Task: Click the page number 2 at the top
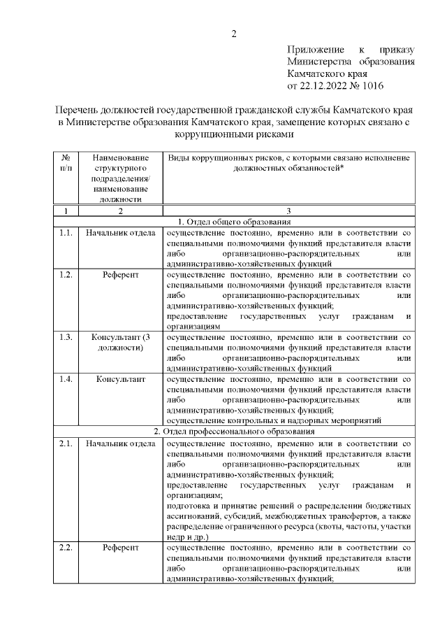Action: (235, 32)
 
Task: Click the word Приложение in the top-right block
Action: (315, 50)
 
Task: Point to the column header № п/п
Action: (65, 164)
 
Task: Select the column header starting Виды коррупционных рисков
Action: (288, 164)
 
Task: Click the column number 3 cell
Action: (288, 211)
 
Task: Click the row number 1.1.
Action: (66, 233)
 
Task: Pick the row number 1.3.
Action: (66, 338)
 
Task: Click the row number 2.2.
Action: (66, 547)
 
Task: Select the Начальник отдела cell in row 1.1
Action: (120, 233)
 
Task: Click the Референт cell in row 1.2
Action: (120, 275)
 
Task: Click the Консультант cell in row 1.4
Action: (120, 380)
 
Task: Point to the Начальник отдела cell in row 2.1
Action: (120, 443)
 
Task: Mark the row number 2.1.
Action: (66, 443)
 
